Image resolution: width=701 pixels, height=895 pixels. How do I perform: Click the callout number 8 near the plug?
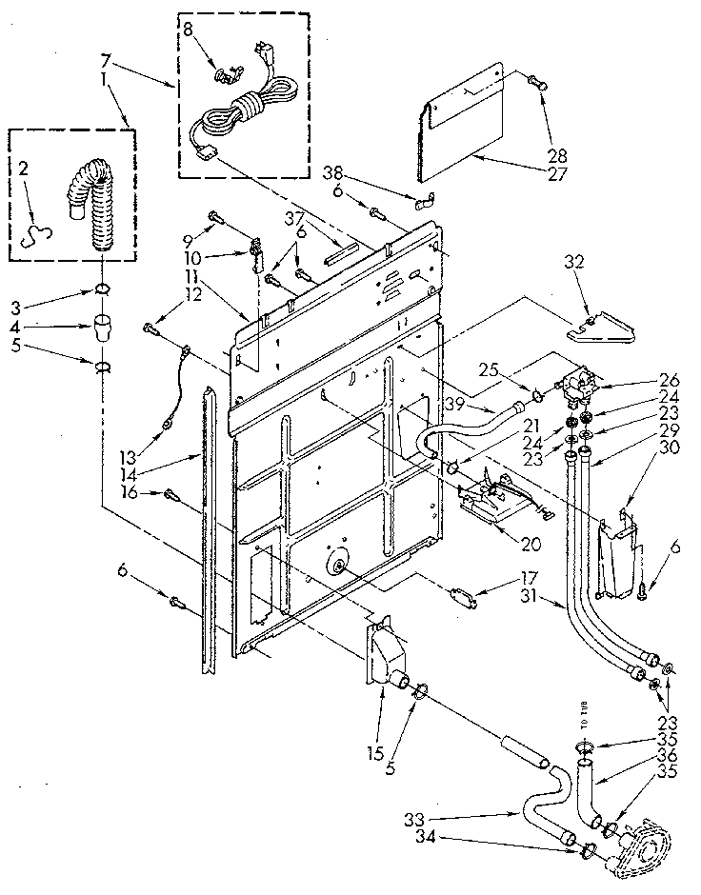point(188,30)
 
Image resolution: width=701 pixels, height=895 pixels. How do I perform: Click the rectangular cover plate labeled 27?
point(467,124)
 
